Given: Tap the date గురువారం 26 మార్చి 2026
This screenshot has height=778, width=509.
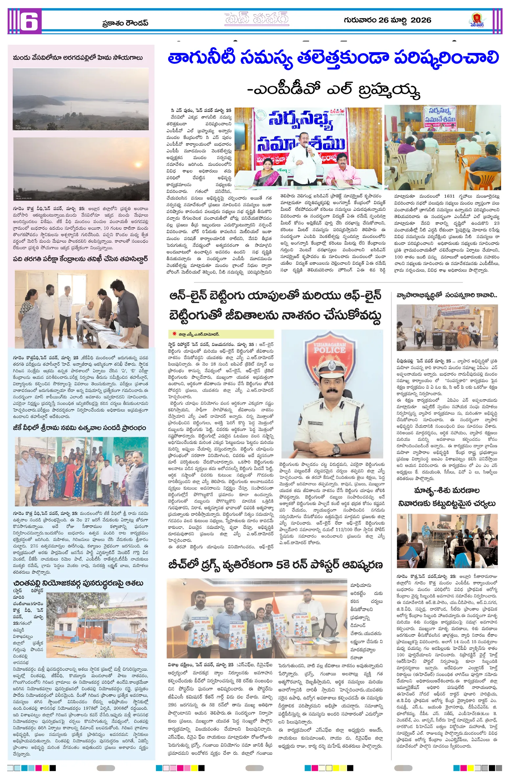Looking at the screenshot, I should (387, 20).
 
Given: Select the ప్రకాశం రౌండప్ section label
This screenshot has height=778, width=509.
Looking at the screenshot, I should (125, 23).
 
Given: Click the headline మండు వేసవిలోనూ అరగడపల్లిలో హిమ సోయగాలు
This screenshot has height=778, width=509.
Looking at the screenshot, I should (78, 58).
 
